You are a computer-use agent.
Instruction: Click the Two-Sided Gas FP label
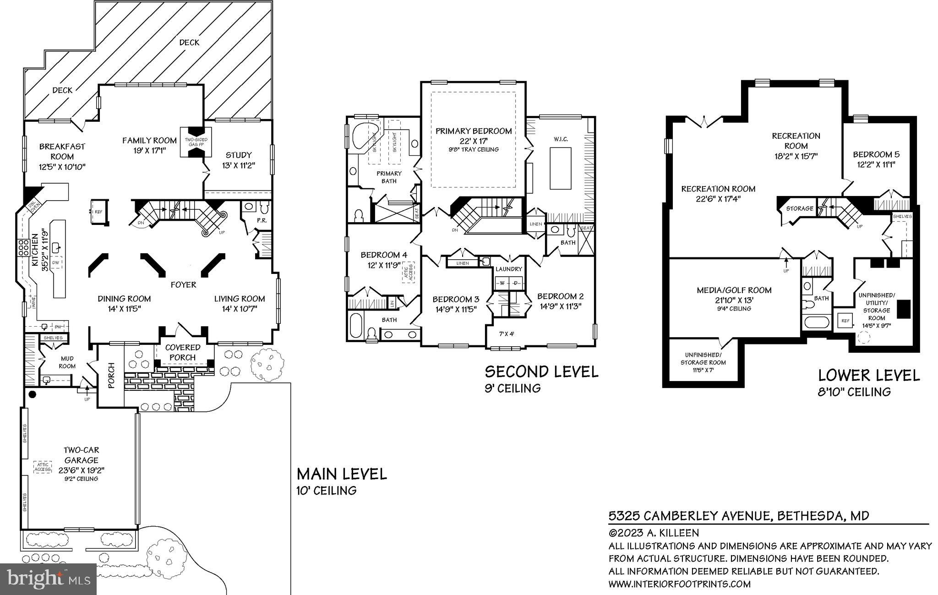point(196,142)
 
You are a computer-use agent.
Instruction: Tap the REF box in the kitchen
point(98,212)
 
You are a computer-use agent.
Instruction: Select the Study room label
point(238,155)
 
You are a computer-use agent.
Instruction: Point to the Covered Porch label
point(183,352)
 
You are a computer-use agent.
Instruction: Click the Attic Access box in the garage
point(43,467)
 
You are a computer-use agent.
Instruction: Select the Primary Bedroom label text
point(473,131)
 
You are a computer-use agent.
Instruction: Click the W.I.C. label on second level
point(561,139)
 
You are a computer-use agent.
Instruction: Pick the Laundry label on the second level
point(508,269)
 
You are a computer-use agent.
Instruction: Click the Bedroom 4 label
point(383,255)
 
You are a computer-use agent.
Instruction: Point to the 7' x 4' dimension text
point(506,334)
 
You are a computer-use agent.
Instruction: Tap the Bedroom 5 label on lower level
point(873,154)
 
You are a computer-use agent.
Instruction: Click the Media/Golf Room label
point(734,290)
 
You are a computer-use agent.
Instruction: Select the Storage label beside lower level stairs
point(799,208)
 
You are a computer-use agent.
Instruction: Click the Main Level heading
point(341,474)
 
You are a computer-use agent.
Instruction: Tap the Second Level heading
point(541,371)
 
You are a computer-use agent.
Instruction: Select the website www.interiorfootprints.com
point(679,584)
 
